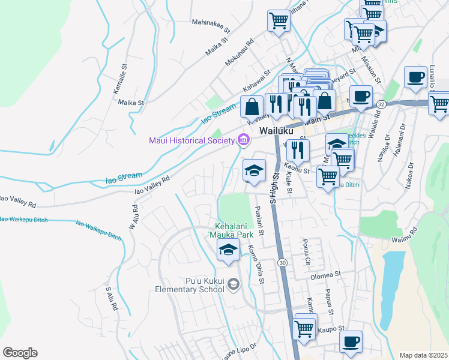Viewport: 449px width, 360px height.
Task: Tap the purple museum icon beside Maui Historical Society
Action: pyautogui.click(x=243, y=140)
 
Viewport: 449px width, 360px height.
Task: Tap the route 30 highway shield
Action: pyautogui.click(x=282, y=262)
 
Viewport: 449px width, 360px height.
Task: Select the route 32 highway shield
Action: pyautogui.click(x=382, y=104)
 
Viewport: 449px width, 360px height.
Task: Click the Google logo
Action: pyautogui.click(x=20, y=353)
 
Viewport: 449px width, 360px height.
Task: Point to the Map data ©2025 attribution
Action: pyautogui.click(x=423, y=355)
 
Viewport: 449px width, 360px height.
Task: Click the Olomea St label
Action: pyautogui.click(x=325, y=277)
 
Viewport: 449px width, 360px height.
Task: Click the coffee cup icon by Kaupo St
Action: pyautogui.click(x=351, y=341)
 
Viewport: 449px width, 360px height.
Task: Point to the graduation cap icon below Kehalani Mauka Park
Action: pyautogui.click(x=228, y=251)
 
